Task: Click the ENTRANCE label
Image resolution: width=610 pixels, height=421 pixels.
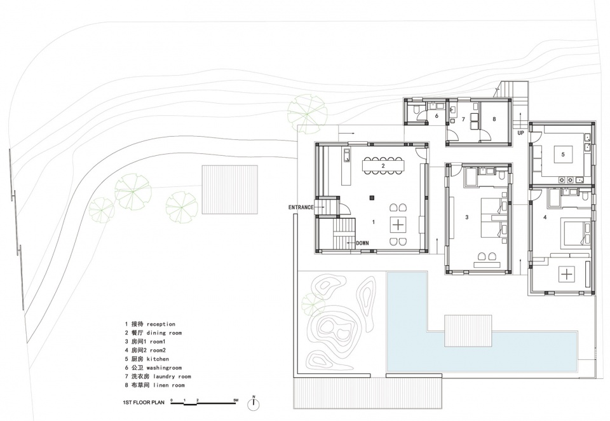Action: click(301, 207)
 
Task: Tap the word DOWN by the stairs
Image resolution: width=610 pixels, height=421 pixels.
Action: click(362, 243)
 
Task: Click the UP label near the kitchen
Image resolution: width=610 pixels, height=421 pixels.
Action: click(521, 133)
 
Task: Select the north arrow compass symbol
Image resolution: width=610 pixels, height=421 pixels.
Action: click(254, 404)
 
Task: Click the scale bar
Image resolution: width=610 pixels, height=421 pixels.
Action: click(203, 403)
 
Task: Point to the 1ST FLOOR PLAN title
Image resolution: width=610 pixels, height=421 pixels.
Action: click(144, 403)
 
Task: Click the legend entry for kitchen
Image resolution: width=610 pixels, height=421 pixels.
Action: click(147, 359)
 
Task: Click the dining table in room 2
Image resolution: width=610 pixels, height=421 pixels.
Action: click(383, 165)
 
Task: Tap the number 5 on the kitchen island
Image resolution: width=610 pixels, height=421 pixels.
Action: click(563, 155)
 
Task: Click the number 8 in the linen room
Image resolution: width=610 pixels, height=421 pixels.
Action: click(494, 119)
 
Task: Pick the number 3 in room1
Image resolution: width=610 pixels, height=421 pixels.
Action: click(467, 217)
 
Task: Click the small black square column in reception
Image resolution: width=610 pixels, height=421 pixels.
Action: click(372, 197)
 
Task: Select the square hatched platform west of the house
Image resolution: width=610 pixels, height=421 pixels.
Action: click(229, 190)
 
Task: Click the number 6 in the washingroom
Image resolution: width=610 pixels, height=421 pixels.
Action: click(437, 116)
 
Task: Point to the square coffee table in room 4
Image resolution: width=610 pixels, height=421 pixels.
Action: click(567, 274)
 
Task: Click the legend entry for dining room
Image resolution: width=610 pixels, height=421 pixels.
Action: click(153, 333)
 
